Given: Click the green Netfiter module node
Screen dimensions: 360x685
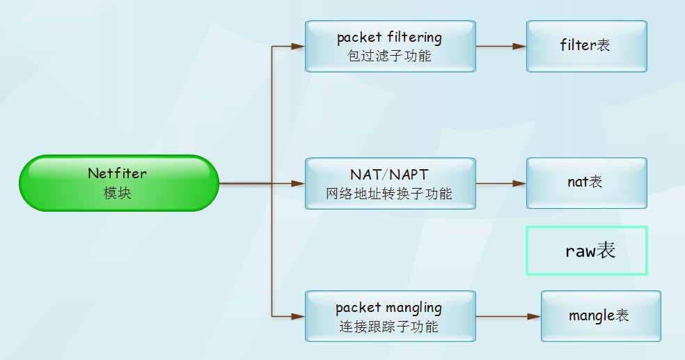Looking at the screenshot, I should click(x=118, y=183).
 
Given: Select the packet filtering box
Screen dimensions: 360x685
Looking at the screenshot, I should click(x=390, y=46).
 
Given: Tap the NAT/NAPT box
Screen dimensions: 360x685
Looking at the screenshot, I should click(x=390, y=183).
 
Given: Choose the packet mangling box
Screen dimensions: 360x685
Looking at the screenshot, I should click(x=390, y=316).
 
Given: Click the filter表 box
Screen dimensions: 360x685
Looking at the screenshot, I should click(x=586, y=46).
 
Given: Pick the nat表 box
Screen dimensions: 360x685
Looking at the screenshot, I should click(x=586, y=183).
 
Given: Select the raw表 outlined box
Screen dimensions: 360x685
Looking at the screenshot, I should click(x=586, y=251).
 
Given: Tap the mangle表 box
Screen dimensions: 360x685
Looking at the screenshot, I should click(x=600, y=316).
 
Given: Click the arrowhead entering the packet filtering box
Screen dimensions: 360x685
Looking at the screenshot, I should click(x=299, y=47).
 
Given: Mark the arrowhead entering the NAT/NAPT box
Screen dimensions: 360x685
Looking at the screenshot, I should click(x=299, y=184).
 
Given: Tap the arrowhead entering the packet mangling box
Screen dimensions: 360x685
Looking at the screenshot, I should click(x=299, y=316).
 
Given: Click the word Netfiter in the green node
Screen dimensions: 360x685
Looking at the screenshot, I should click(x=118, y=173).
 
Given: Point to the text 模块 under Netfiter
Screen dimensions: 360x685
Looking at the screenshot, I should click(x=118, y=194).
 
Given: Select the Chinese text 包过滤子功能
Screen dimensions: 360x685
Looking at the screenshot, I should click(x=390, y=56).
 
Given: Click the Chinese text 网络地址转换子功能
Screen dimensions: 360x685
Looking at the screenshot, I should click(x=390, y=194).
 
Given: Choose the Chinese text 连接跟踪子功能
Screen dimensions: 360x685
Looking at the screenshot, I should click(x=390, y=327).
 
